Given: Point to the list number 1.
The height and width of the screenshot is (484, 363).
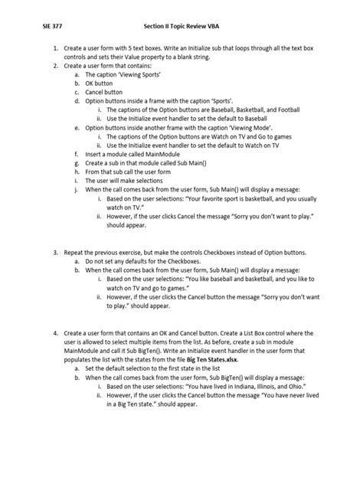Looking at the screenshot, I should [55, 48].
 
